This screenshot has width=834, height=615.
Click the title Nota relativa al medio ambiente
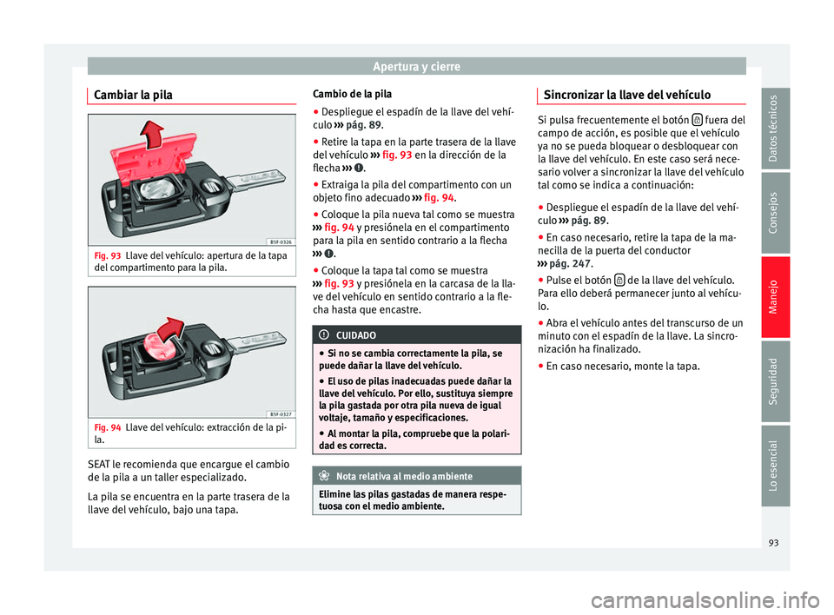pos(404,477)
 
